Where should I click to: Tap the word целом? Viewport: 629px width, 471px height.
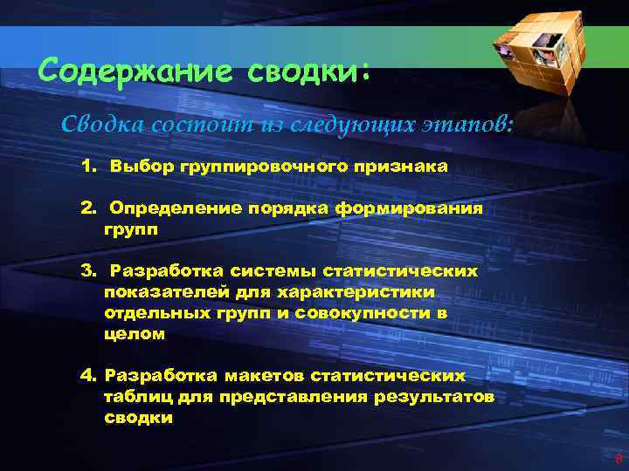click(134, 333)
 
